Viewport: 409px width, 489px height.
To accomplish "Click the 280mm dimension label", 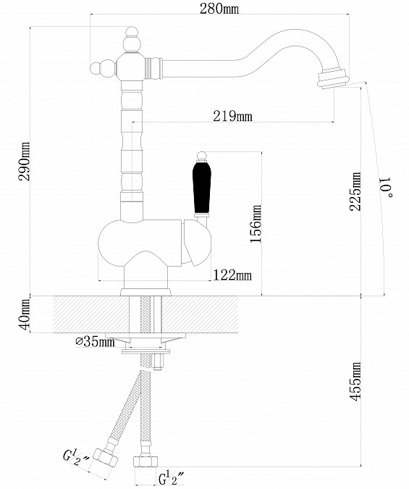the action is pyautogui.click(x=219, y=9).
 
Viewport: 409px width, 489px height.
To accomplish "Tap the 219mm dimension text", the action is pyautogui.click(x=232, y=116).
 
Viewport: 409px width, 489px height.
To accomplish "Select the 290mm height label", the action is pyautogui.click(x=25, y=162).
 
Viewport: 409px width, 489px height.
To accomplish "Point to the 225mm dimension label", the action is pyautogui.click(x=355, y=191).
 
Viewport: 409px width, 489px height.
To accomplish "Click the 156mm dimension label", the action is pyautogui.click(x=256, y=224).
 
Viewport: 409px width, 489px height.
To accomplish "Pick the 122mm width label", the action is pyautogui.click(x=232, y=275).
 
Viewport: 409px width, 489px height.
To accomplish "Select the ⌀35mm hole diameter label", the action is pyautogui.click(x=95, y=342).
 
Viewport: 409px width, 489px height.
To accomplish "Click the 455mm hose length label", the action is pyautogui.click(x=355, y=381).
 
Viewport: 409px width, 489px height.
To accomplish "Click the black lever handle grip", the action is pyautogui.click(x=202, y=188).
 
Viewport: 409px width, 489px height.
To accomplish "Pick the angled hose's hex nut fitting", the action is pyautogui.click(x=106, y=458).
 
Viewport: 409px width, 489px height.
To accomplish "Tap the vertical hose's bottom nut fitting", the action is pyautogui.click(x=146, y=461).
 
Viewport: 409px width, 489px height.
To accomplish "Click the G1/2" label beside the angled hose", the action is pyautogui.click(x=76, y=458).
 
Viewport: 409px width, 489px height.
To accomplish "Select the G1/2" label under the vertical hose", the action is pyautogui.click(x=171, y=478).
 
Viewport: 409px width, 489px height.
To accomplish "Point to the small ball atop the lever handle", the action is pyautogui.click(x=202, y=156).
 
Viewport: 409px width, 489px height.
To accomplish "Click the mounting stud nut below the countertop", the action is pyautogui.click(x=157, y=362).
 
